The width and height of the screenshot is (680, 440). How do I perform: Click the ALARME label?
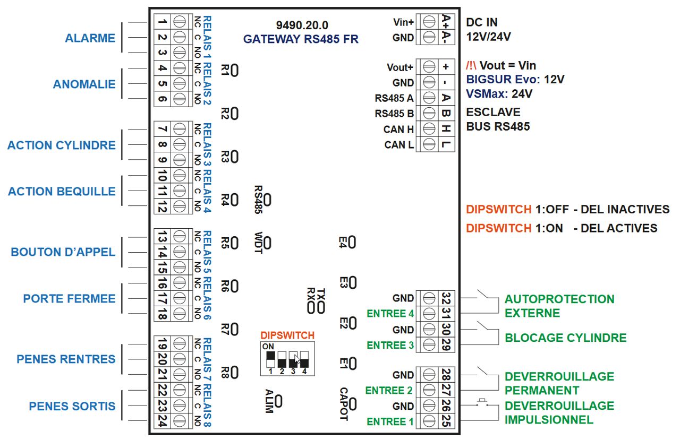click(90, 38)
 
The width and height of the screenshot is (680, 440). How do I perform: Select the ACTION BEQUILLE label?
click(62, 192)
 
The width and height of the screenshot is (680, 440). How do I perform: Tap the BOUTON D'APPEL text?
click(63, 252)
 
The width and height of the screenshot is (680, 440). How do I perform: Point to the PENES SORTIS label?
click(72, 407)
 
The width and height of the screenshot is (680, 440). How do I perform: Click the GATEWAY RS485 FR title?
click(301, 39)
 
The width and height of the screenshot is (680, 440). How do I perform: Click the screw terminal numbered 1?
click(180, 22)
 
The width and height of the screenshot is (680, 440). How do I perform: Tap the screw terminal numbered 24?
click(180, 421)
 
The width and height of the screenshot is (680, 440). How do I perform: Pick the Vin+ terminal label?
click(403, 22)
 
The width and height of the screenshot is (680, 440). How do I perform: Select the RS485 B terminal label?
click(394, 114)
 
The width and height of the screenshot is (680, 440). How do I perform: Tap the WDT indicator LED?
click(268, 243)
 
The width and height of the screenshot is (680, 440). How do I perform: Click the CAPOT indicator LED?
click(352, 404)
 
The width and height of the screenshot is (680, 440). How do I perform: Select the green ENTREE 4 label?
click(390, 314)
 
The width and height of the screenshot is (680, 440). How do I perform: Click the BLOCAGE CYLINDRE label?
click(565, 338)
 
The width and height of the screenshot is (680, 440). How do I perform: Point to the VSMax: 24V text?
click(499, 94)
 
